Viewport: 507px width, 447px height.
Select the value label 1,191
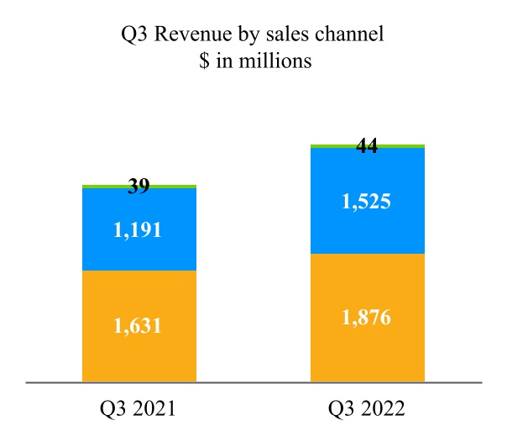point(139,229)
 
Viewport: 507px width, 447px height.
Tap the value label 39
point(139,187)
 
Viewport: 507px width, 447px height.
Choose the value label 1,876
point(367,318)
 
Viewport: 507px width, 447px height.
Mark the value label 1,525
point(367,202)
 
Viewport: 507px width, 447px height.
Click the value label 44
point(367,146)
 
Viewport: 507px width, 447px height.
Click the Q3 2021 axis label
point(138,409)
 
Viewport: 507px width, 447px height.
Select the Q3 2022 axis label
point(367,409)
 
